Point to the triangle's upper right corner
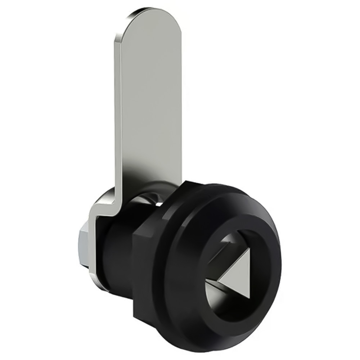click(249, 249)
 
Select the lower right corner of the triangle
click(249, 297)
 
